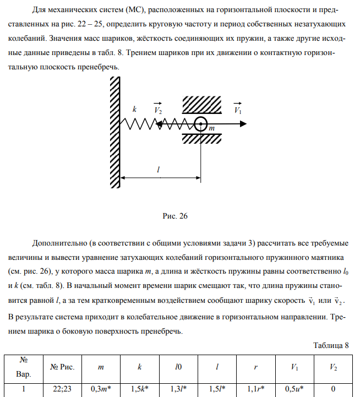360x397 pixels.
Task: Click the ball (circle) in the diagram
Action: (201, 124)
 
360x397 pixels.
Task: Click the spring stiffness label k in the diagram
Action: (134, 109)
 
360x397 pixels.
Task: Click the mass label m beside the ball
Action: (211, 128)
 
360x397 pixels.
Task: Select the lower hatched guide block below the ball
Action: (201, 138)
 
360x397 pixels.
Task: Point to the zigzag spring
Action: (154, 124)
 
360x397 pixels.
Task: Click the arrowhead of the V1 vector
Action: (242, 124)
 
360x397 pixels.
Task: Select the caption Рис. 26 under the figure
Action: (176, 216)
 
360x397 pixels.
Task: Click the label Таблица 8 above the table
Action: (331, 345)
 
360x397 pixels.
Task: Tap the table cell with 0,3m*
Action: (102, 388)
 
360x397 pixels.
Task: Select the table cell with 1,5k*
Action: (142, 388)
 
